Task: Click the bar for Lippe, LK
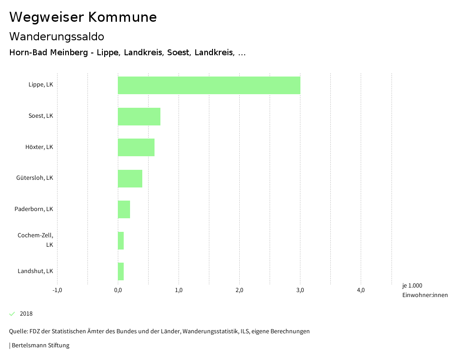(x=209, y=85)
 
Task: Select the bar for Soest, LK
(x=139, y=116)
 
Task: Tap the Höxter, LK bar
(x=136, y=147)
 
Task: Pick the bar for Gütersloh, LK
(x=130, y=178)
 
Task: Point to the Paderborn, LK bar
(x=124, y=209)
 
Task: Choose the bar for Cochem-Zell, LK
(x=121, y=240)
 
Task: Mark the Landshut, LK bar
(x=121, y=271)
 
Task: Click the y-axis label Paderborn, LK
(x=34, y=209)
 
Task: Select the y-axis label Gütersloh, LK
(x=34, y=178)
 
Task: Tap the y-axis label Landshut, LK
(x=35, y=271)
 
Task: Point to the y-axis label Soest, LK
(x=41, y=116)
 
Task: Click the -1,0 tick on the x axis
(x=57, y=290)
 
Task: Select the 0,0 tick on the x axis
(x=118, y=290)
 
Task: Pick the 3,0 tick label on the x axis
(x=300, y=290)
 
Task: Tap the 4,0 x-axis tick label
(x=361, y=290)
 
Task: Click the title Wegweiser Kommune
(x=83, y=17)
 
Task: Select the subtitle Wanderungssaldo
(x=57, y=37)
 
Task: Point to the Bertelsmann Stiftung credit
(x=40, y=346)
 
